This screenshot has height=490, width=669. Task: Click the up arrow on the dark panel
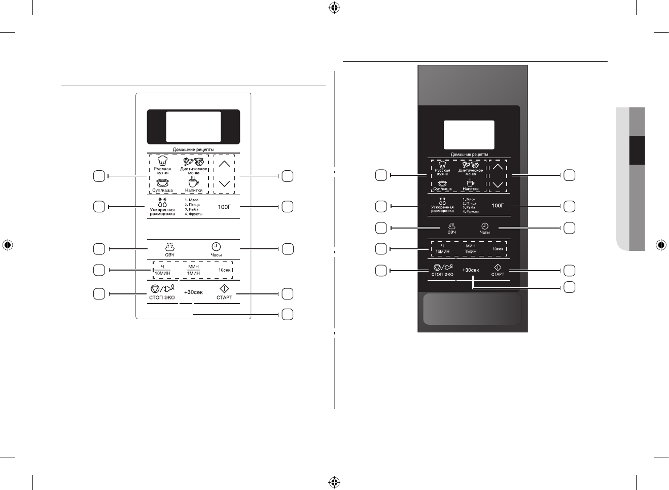pos(498,166)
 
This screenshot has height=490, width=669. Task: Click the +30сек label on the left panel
pos(193,292)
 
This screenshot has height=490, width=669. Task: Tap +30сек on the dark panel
pos(471,270)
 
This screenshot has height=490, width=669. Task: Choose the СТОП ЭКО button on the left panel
pos(162,291)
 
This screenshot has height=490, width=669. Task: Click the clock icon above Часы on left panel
pos(216,246)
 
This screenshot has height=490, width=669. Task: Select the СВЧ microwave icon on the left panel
pos(170,247)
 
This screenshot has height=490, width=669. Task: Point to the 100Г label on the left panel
pos(225,207)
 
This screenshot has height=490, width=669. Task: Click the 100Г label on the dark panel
pos(498,206)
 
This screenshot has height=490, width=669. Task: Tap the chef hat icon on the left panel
pos(162,160)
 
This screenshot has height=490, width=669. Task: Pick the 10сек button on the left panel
pos(224,270)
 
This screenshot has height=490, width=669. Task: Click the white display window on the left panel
pos(193,127)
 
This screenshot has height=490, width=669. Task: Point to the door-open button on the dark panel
pos(472,308)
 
